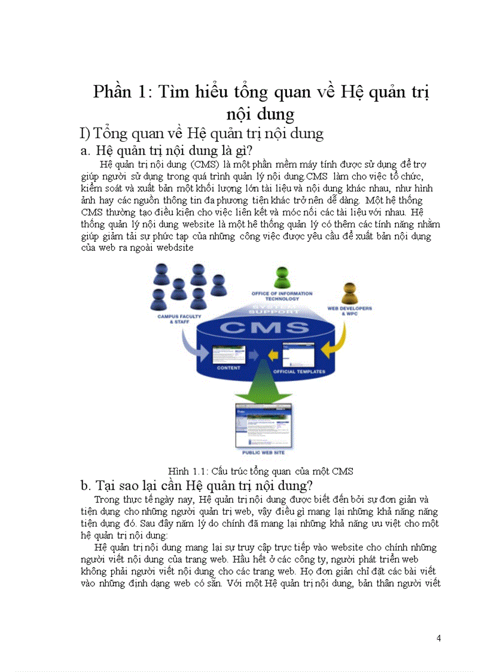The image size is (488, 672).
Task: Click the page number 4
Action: click(439, 638)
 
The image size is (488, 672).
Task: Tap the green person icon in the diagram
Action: click(282, 278)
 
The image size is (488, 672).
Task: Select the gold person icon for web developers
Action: click(350, 293)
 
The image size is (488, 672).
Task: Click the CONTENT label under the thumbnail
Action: click(228, 368)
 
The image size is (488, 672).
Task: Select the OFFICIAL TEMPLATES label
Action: click(299, 372)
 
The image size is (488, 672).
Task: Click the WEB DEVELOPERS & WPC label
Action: click(349, 311)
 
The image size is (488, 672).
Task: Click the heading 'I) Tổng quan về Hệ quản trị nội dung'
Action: click(202, 133)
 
